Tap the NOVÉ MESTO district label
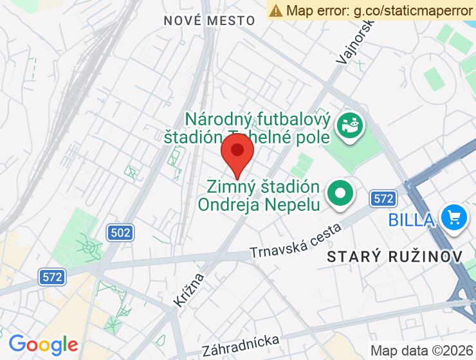click(209, 21)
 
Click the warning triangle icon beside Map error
click(276, 10)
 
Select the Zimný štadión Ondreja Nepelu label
click(264, 195)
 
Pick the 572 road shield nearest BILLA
click(383, 199)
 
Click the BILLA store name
click(410, 219)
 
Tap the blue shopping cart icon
click(453, 218)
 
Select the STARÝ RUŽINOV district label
click(395, 256)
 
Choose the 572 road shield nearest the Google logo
click(52, 277)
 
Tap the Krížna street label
click(189, 289)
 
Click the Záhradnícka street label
click(241, 345)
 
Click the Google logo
click(43, 345)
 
